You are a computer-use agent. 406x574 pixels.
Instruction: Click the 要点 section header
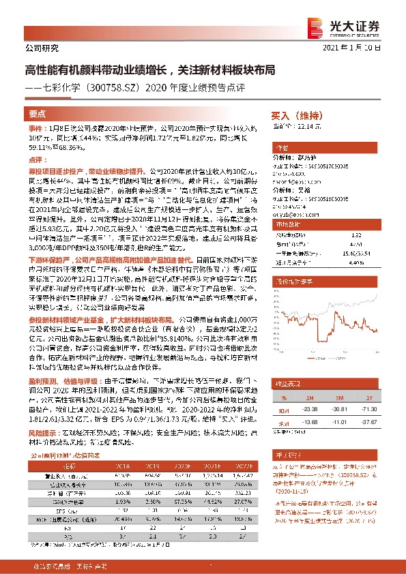pos(38,114)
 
